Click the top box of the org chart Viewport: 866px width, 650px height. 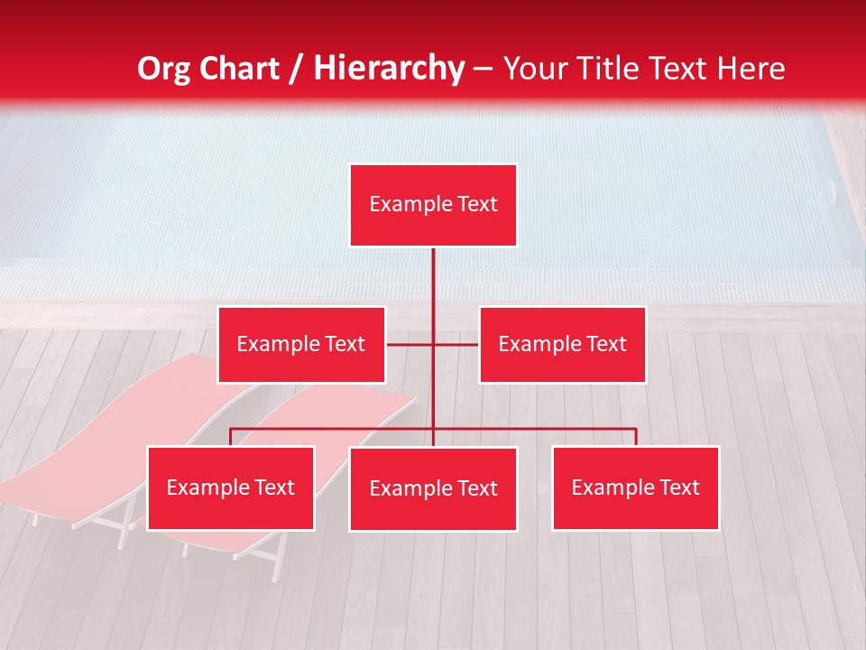(x=433, y=205)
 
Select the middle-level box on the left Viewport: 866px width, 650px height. (x=301, y=344)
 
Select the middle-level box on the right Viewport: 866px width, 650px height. (x=562, y=344)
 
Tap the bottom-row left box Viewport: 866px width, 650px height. (x=231, y=487)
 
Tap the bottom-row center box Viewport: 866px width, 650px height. (x=433, y=488)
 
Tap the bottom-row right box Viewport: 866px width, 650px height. (x=635, y=487)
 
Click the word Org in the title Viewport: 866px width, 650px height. (x=164, y=69)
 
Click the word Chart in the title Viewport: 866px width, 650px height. (x=239, y=69)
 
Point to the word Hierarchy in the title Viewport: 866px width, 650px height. (x=388, y=69)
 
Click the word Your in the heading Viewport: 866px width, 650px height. (x=536, y=69)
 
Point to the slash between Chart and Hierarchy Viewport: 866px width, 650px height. (x=296, y=69)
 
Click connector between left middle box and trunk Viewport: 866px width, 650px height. (x=410, y=344)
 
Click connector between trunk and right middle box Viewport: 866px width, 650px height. (x=456, y=344)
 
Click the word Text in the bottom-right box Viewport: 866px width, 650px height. (x=678, y=487)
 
